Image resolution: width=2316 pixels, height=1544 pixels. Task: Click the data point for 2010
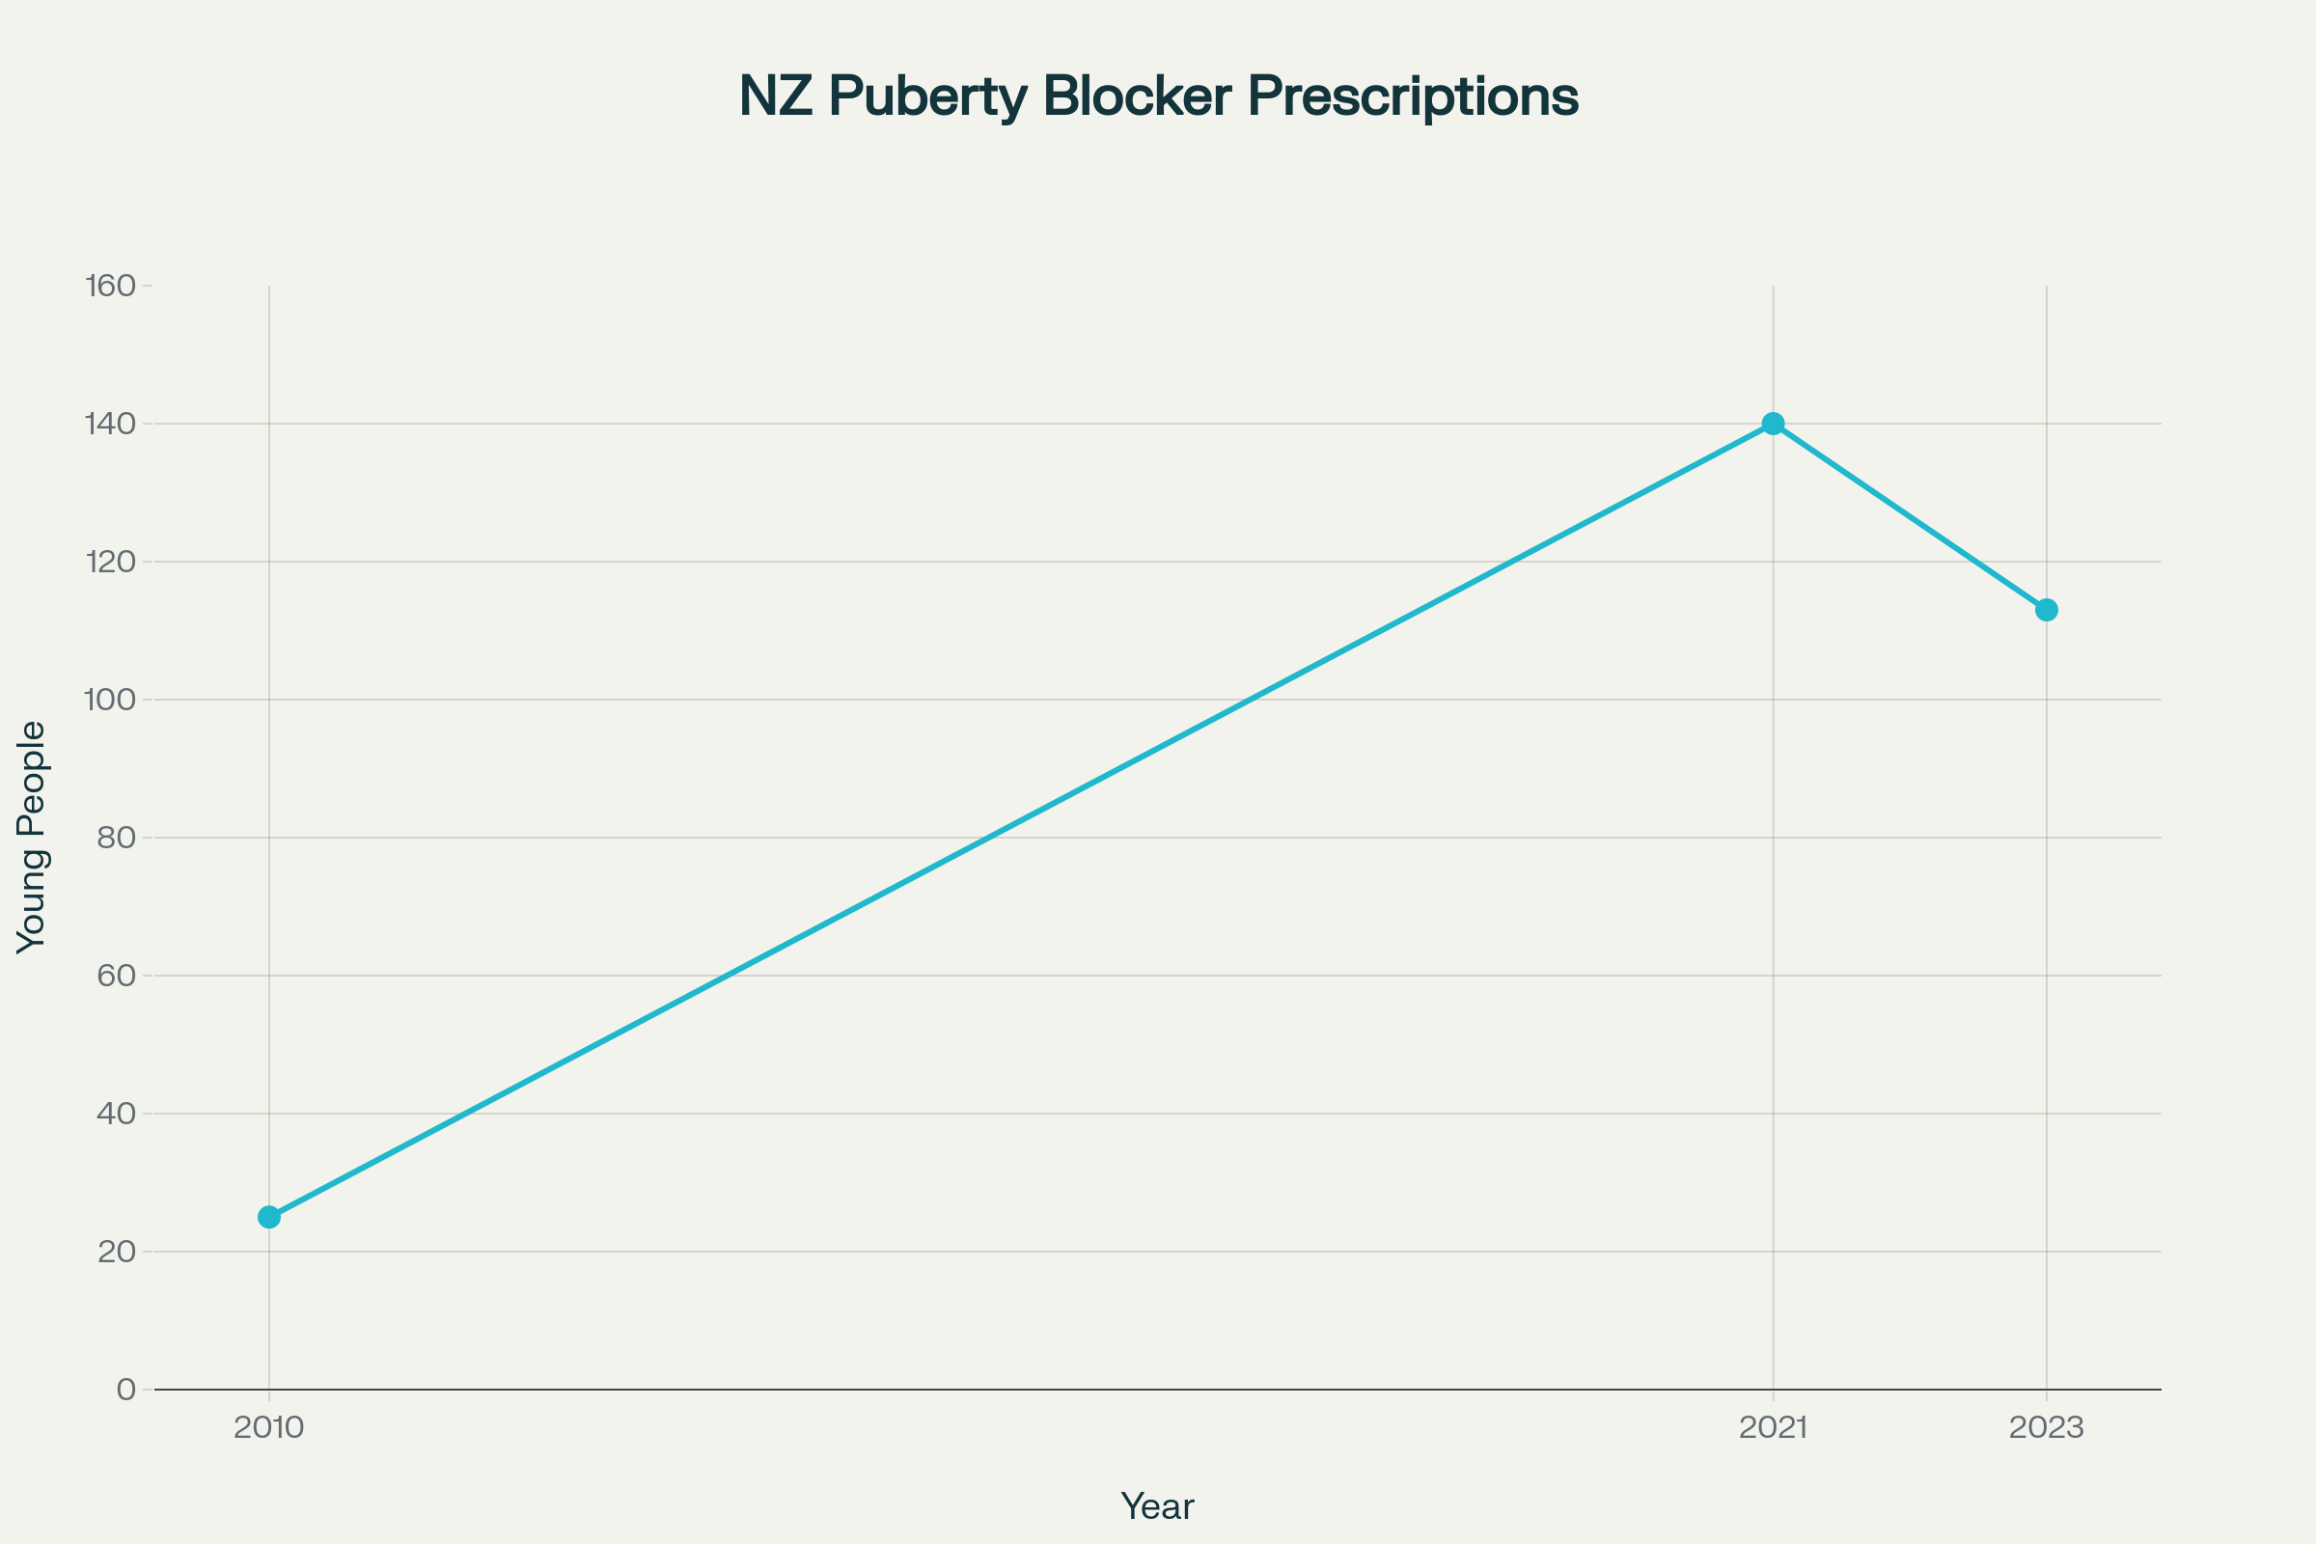(x=269, y=1217)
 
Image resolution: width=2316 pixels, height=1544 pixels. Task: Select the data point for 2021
(x=1774, y=424)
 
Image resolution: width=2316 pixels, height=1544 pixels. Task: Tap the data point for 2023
(x=2046, y=610)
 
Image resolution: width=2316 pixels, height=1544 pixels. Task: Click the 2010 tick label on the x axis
(x=269, y=1428)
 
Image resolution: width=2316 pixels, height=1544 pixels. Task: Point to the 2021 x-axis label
(x=1774, y=1428)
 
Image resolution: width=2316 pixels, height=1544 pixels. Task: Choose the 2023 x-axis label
(x=2046, y=1428)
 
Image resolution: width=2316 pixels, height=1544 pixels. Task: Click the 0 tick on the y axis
(x=126, y=1390)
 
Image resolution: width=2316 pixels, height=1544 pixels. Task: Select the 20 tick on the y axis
(x=116, y=1252)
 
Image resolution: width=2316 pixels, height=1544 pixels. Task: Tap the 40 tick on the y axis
(x=116, y=1114)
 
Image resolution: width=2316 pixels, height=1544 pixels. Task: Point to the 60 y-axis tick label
(x=116, y=976)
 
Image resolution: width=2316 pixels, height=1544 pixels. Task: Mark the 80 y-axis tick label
(x=116, y=838)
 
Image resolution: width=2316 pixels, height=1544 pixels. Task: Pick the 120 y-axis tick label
(x=110, y=563)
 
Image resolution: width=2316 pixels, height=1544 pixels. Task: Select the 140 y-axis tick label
(x=110, y=425)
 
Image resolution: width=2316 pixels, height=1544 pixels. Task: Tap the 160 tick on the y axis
(x=110, y=286)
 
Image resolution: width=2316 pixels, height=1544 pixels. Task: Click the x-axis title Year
(x=1157, y=1506)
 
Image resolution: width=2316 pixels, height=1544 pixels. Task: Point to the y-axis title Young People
(x=32, y=837)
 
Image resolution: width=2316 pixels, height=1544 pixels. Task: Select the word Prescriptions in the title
(x=1413, y=97)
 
